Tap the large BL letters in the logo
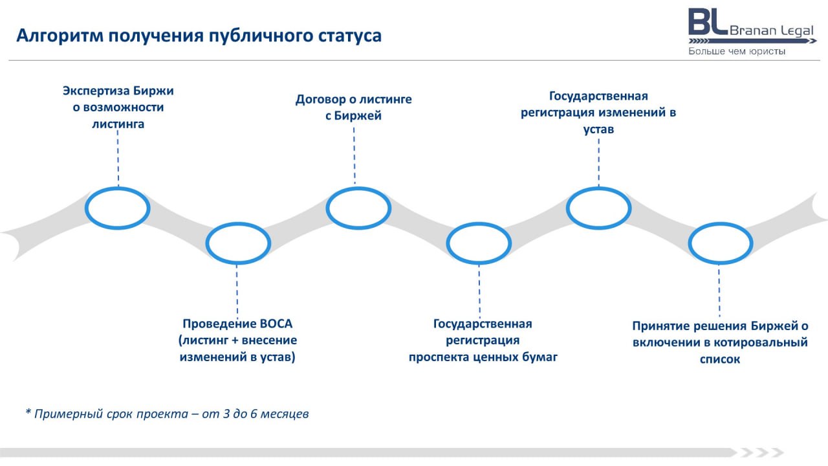pos(708,22)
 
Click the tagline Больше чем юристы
pos(737,51)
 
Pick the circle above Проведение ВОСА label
pos(237,243)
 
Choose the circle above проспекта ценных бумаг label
pos(479,243)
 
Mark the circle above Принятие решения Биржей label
pos(720,243)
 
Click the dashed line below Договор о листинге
pos(354,155)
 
